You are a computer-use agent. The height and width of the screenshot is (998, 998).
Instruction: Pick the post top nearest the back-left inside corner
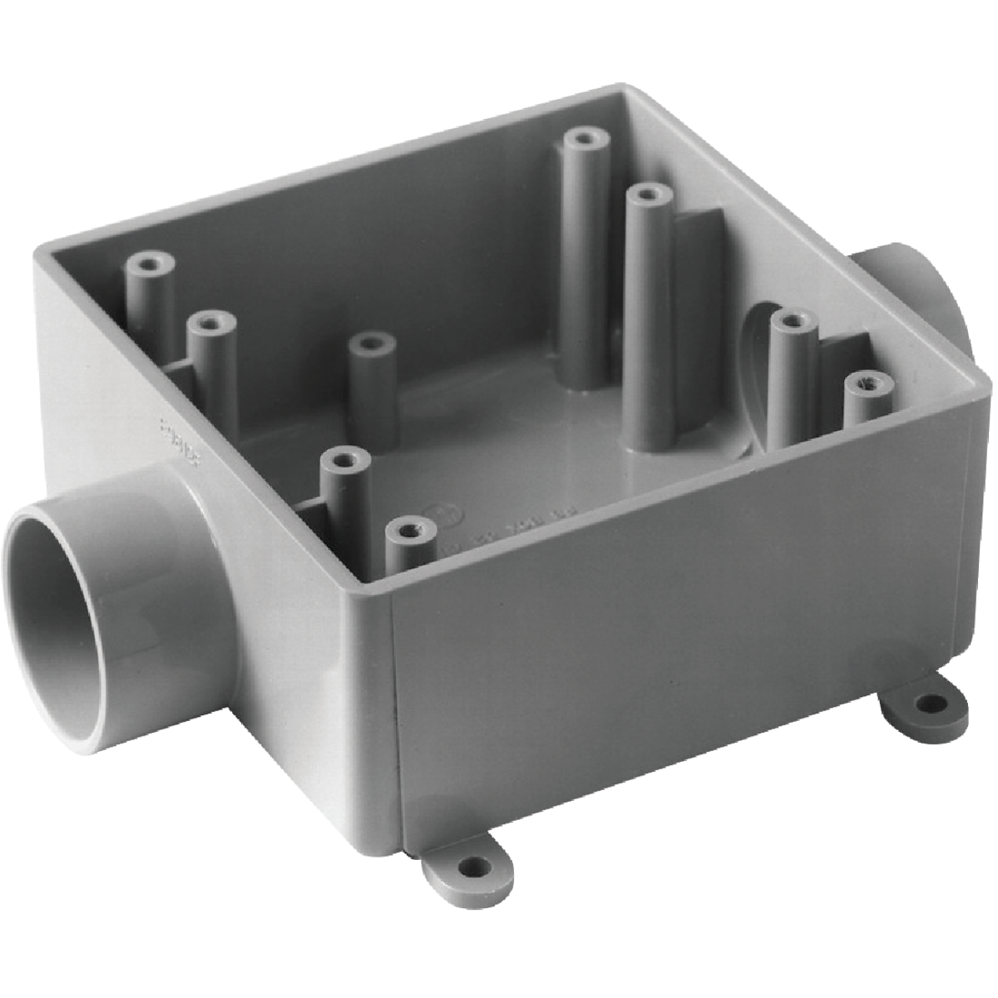(x=151, y=264)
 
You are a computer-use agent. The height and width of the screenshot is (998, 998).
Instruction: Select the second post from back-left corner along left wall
(x=211, y=321)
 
